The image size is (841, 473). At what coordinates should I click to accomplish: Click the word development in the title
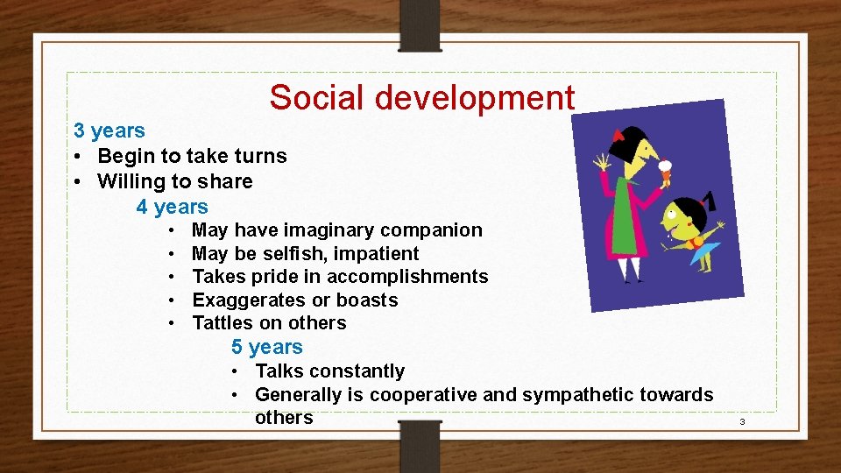tap(474, 97)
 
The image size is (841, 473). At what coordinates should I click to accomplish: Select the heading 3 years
tap(110, 131)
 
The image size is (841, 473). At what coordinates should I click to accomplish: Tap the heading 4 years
tap(172, 207)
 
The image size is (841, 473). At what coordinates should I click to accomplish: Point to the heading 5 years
tap(266, 347)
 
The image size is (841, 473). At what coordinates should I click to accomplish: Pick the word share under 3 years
tap(226, 181)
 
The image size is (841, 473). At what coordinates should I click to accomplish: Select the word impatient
tap(378, 254)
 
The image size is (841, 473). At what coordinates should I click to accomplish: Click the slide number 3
tap(741, 422)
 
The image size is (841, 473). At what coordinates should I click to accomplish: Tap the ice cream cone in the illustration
tap(665, 171)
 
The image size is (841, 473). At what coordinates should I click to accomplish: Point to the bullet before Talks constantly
tap(237, 371)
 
